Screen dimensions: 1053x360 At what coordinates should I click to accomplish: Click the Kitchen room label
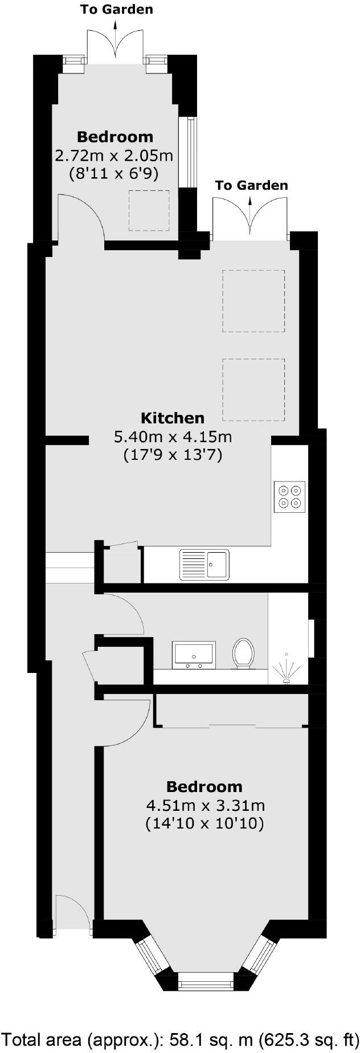tap(172, 418)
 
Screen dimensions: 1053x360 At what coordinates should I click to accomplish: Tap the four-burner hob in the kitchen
tap(289, 497)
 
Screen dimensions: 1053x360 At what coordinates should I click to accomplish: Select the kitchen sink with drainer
tap(204, 564)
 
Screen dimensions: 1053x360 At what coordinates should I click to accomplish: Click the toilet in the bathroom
tap(243, 652)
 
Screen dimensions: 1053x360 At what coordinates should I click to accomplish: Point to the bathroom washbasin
tap(194, 654)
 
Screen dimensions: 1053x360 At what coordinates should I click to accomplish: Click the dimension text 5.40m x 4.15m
tap(173, 437)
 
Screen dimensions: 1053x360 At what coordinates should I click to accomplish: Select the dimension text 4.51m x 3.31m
tap(205, 806)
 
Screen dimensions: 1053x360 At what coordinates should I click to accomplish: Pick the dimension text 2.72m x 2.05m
tap(114, 155)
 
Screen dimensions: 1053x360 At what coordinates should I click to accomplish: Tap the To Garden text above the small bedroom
tap(116, 9)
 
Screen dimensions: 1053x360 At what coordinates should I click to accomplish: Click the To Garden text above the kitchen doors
tap(251, 185)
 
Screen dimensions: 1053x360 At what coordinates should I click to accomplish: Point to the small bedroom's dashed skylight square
tap(149, 210)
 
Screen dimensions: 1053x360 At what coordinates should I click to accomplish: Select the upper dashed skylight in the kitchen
tap(253, 301)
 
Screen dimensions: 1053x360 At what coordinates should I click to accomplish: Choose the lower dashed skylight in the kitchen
tap(253, 389)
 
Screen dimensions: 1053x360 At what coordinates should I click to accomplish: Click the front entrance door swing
tap(72, 912)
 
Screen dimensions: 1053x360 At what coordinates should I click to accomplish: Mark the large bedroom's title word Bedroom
tap(204, 787)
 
